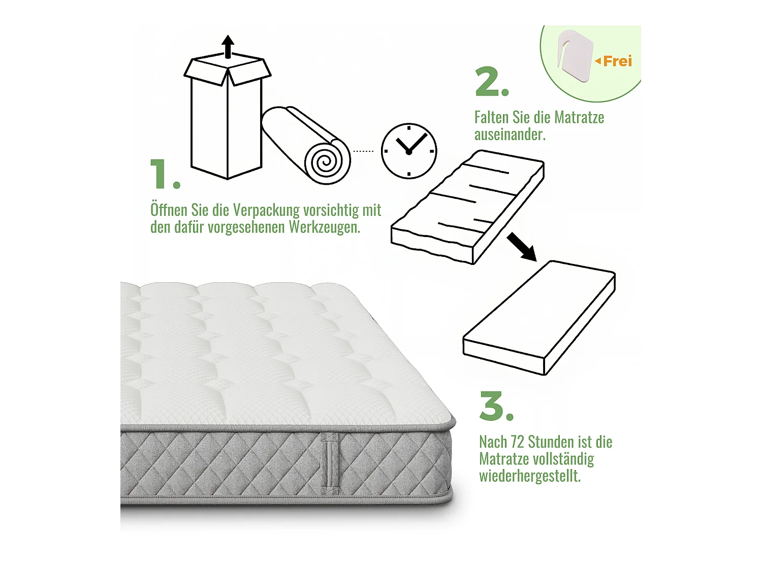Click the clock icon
(409, 151)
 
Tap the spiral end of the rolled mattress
(327, 162)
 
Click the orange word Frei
(617, 61)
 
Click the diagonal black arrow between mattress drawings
(522, 247)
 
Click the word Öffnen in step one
(169, 210)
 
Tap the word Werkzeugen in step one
(324, 227)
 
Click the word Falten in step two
(491, 118)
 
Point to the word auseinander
(510, 135)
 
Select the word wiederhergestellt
(529, 476)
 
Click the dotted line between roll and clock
(363, 151)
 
